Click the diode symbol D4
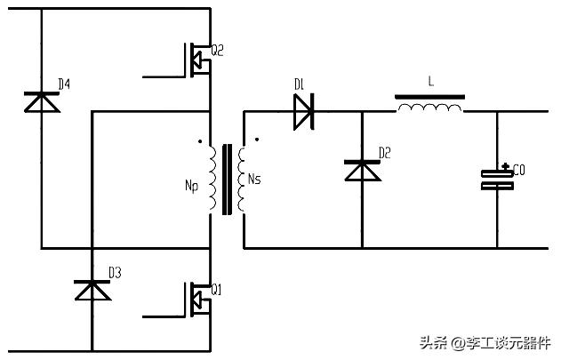(41, 102)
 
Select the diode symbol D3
(92, 290)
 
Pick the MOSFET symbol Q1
(197, 298)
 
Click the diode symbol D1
(303, 111)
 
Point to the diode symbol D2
(361, 170)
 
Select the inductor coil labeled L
(430, 108)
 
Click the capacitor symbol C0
(497, 180)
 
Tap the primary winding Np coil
(212, 178)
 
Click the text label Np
(191, 186)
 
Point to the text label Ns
(254, 180)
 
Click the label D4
(64, 84)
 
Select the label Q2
(217, 51)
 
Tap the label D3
(115, 271)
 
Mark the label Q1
(217, 290)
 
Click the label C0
(518, 170)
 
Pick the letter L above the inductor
(430, 81)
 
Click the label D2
(384, 153)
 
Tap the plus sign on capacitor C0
(505, 166)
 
